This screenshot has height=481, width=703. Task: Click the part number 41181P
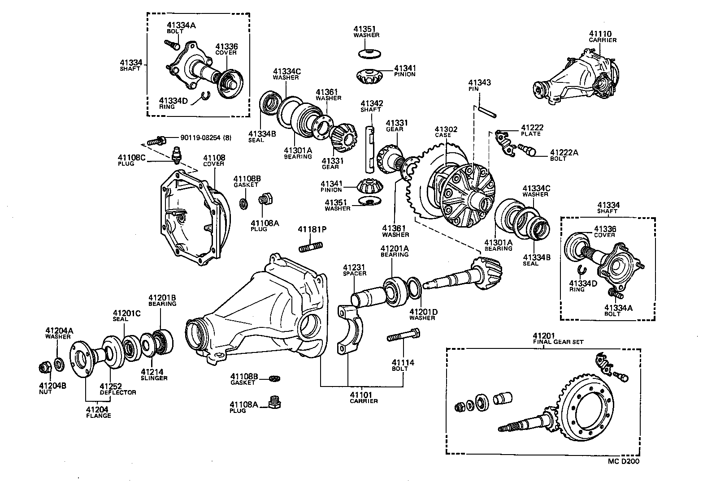[x=312, y=230]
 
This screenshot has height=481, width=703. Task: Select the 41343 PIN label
[x=479, y=85]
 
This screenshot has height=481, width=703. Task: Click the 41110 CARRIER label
[x=602, y=36]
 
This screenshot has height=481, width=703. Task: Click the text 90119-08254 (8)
[x=206, y=138]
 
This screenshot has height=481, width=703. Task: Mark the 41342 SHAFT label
[x=371, y=106]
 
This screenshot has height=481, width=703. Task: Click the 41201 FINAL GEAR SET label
[x=558, y=338]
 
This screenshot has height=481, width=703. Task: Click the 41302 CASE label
[x=446, y=132]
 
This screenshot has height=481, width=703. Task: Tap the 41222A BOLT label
[x=564, y=155]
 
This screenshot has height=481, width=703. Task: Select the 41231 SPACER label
[x=355, y=270]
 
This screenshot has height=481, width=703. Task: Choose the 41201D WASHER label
[x=422, y=314]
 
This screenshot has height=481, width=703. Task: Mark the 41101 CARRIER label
[x=363, y=397]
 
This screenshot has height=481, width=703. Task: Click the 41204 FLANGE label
[x=98, y=412]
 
